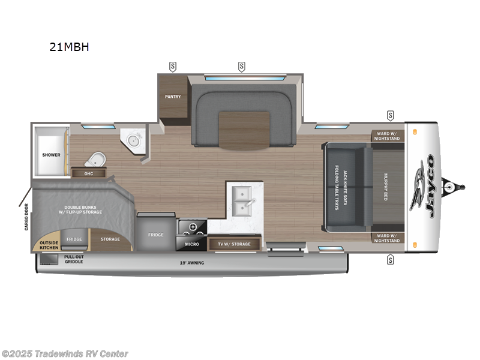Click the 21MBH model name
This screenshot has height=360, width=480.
pyautogui.click(x=70, y=47)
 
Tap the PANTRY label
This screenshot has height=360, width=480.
pyautogui.click(x=173, y=97)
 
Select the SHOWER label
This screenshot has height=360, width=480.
pyautogui.click(x=51, y=155)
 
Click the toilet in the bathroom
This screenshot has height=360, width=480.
pyautogui.click(x=95, y=160)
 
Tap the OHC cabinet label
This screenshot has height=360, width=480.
pyautogui.click(x=89, y=173)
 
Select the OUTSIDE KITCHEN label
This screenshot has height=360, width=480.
pyautogui.click(x=49, y=242)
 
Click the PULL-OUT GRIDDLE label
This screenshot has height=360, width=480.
pyautogui.click(x=74, y=259)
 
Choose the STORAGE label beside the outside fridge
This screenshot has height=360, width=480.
pyautogui.click(x=110, y=239)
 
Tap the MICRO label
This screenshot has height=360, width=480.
pyautogui.click(x=191, y=244)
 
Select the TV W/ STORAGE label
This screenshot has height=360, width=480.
pyautogui.click(x=235, y=244)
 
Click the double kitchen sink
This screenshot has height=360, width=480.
pyautogui.click(x=243, y=201)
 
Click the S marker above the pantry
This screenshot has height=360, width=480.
pyautogui.click(x=173, y=66)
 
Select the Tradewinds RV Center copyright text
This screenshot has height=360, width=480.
pyautogui.click(x=65, y=353)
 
